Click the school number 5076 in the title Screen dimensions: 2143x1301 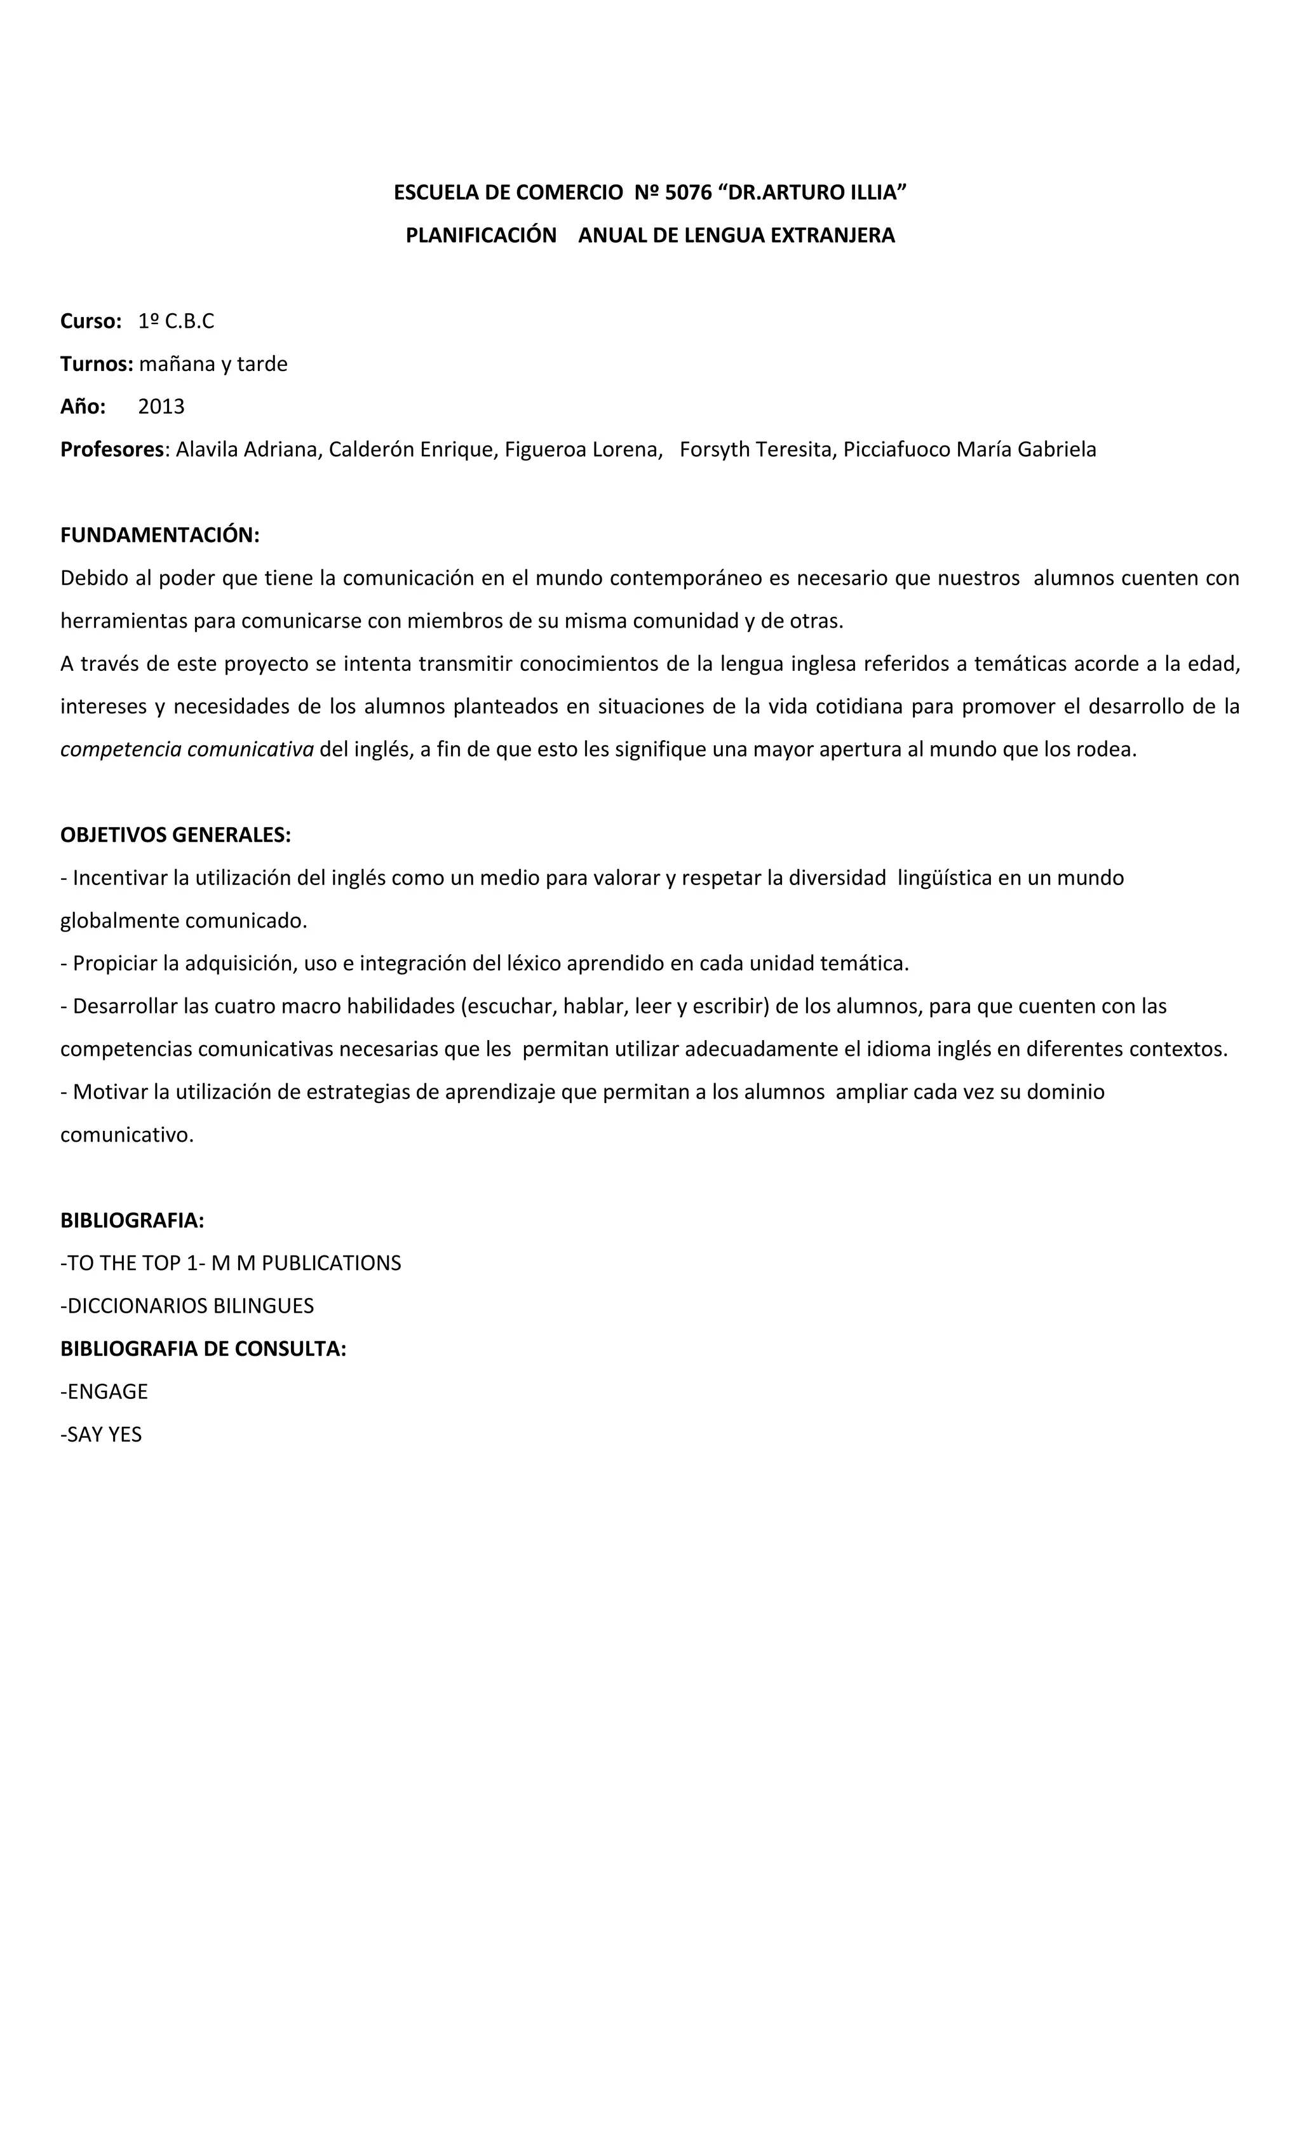pos(688,193)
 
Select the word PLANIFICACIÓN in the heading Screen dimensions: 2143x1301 pos(481,235)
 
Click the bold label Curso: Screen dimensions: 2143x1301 pos(90,321)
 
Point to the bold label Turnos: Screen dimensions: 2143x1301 pos(97,363)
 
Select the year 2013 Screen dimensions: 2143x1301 pos(161,406)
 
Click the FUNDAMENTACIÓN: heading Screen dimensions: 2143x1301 pos(160,535)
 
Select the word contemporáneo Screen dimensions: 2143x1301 pos(686,578)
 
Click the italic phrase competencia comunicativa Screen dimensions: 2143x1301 pos(187,749)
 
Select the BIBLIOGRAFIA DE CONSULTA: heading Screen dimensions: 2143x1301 pos(203,1348)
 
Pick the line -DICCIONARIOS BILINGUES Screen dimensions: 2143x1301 pos(187,1306)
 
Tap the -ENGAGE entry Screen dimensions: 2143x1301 pos(104,1391)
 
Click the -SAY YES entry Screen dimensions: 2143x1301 pos(101,1433)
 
